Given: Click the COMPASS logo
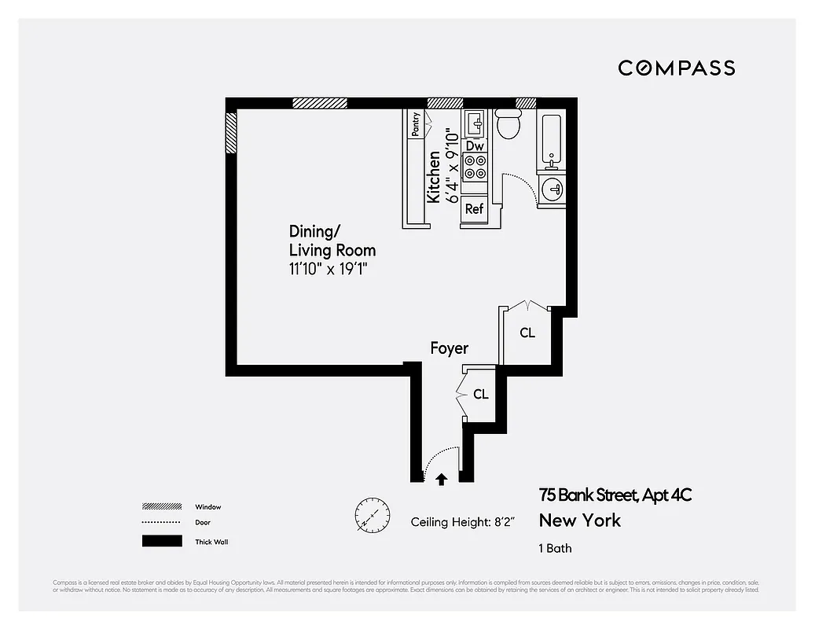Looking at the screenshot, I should pos(676,68).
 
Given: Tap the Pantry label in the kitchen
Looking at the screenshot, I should pos(415,124).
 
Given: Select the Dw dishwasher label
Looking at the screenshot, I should pos(474,146).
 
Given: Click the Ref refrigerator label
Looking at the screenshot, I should pos(474,209).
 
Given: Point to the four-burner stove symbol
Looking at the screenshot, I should pos(475,167).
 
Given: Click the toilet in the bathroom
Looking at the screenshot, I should pos(508,123).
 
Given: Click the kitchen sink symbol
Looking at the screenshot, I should pos(475,123).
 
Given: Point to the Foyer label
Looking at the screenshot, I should pos(449,348).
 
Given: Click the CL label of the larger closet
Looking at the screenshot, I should pos(527,333).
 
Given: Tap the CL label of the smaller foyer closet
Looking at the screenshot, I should pos(480,395).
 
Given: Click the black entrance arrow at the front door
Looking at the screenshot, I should pos(441,478).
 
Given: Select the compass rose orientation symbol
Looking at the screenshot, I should pos(371,514).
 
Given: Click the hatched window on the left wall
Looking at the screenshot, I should pos(231,133).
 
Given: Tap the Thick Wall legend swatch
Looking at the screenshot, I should pos(162,541).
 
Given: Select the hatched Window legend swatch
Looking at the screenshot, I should pos(162,506).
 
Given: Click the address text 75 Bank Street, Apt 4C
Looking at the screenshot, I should pos(615,495).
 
